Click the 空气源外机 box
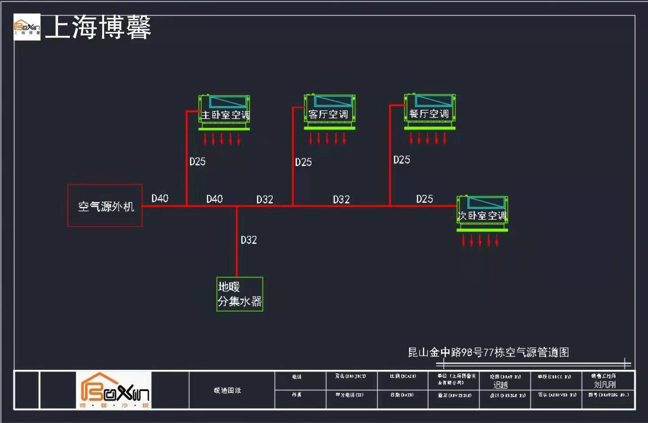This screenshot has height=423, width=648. [x=105, y=206]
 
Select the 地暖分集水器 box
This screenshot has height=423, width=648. [x=239, y=294]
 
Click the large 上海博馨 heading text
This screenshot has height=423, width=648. [x=98, y=27]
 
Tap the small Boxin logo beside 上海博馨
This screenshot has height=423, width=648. [x=27, y=27]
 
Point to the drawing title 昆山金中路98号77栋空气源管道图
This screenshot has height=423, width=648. [x=488, y=352]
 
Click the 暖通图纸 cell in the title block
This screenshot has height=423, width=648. [x=227, y=390]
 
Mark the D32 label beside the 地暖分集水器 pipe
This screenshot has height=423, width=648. [x=248, y=240]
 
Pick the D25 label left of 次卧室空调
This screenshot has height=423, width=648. [x=424, y=199]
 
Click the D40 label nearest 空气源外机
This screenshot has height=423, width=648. [x=160, y=198]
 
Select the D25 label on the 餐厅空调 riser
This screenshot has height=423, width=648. [x=401, y=160]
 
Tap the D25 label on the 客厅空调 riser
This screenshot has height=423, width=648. [x=303, y=162]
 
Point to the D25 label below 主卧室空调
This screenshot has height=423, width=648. [x=198, y=162]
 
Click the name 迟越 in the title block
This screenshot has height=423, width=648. [x=500, y=385]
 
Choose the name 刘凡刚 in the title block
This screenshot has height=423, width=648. [x=604, y=384]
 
